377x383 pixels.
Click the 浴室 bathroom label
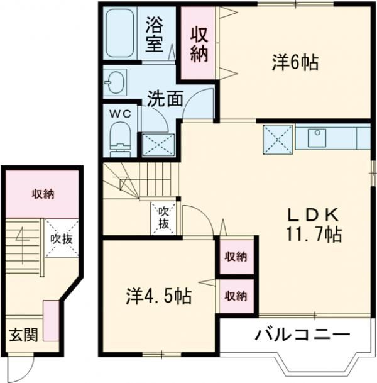pyautogui.click(x=155, y=35)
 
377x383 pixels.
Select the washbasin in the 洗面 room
pyautogui.click(x=116, y=82)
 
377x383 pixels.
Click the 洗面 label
pyautogui.click(x=165, y=98)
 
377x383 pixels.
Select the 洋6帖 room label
pyautogui.click(x=294, y=62)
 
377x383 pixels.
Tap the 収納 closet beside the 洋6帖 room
pyautogui.click(x=199, y=43)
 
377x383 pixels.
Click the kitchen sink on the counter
pyautogui.click(x=317, y=136)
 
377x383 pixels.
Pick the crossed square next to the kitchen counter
pyautogui.click(x=278, y=139)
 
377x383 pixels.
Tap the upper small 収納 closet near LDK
pyautogui.click(x=236, y=256)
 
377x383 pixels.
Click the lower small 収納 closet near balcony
pyautogui.click(x=236, y=296)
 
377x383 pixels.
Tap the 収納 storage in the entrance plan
pyautogui.click(x=43, y=194)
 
